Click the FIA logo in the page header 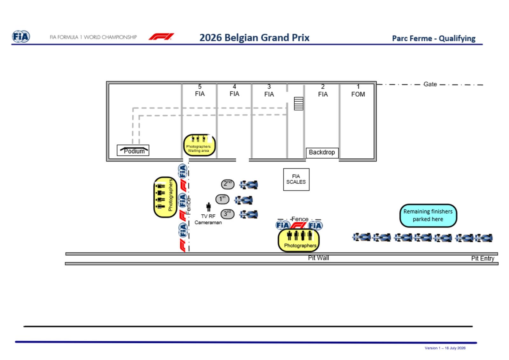[21, 36]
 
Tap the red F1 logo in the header [162, 37]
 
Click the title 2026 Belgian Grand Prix [254, 38]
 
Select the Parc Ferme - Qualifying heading [434, 38]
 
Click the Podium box [133, 150]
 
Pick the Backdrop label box [322, 153]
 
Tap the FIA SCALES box [296, 179]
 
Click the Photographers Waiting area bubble [199, 145]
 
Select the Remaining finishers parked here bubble [428, 216]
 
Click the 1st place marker [222, 199]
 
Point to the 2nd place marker [228, 184]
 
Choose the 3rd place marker [227, 214]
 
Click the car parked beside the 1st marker [244, 200]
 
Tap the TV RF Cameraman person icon [209, 207]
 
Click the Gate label [430, 84]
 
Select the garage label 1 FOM [358, 91]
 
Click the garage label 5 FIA [200, 90]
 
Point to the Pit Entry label [483, 259]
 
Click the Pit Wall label [318, 258]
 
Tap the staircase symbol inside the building [299, 104]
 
